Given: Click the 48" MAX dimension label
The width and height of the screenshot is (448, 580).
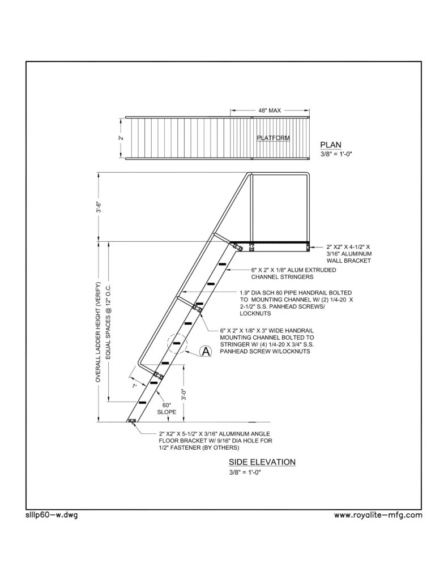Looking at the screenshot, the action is tap(270, 110).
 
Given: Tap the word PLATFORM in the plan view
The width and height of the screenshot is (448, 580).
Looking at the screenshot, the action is tap(274, 138).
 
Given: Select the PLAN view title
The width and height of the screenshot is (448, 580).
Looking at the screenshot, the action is tap(331, 145).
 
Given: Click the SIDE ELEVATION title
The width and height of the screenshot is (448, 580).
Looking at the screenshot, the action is tap(262, 462).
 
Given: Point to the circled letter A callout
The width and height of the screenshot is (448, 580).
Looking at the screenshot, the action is tap(206, 351).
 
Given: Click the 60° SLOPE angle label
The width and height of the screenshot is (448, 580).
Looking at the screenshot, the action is tap(167, 408).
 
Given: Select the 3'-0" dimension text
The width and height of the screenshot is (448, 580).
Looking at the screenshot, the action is tap(184, 393).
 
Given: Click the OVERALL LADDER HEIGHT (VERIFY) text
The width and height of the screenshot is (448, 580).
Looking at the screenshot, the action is tap(99, 332).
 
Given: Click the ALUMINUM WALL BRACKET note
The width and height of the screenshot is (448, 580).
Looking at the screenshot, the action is tap(349, 254).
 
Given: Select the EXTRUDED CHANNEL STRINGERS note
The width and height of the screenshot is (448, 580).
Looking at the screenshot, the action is tap(294, 274).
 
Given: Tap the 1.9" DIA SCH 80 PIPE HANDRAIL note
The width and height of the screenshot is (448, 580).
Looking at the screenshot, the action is tap(296, 303).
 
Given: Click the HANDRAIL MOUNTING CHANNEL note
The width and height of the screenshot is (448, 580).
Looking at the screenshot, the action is tap(267, 340).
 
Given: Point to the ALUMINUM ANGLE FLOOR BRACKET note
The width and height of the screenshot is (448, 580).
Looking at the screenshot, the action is tap(216, 441).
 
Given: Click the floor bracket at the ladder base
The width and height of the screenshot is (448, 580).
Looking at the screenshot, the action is tap(132, 421).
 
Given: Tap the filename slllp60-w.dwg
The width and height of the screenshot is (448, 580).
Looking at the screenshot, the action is tap(52, 515).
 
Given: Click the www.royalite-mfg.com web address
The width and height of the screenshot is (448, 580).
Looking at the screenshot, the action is tap(378, 515).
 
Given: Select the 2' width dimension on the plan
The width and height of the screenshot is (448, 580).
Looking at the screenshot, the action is tap(121, 138).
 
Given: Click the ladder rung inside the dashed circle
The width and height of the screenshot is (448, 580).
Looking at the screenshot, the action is tap(178, 343).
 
